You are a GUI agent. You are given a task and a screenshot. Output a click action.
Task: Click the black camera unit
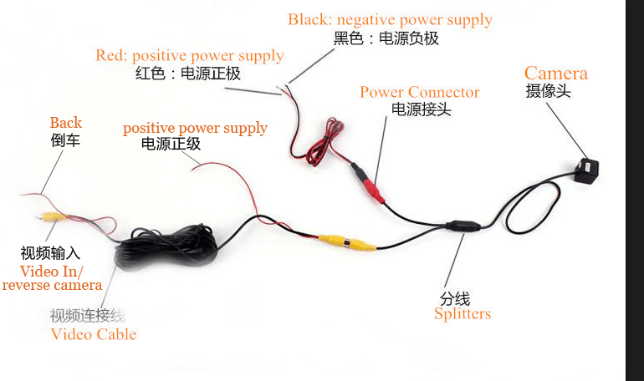click(x=586, y=170)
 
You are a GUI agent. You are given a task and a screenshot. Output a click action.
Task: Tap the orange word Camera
click(x=555, y=74)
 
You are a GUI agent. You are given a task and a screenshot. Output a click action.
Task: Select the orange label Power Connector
click(x=419, y=92)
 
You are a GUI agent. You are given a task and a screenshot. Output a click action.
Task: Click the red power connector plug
click(x=375, y=191)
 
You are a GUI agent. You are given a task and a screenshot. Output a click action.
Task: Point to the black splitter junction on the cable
click(x=463, y=226)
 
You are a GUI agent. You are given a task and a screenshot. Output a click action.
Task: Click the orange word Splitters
click(x=463, y=314)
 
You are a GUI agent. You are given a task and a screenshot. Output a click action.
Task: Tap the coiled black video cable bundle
click(x=166, y=247)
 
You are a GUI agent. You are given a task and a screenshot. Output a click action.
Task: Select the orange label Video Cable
click(x=93, y=334)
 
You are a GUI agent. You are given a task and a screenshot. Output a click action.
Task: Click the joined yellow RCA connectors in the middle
click(x=347, y=242)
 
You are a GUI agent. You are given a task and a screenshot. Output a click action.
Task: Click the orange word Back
click(x=66, y=123)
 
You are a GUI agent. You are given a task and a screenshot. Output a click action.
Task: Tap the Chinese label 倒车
click(x=65, y=140)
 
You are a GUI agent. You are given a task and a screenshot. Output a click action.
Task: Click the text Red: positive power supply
click(x=190, y=56)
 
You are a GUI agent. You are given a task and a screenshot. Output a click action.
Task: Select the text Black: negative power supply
click(x=390, y=20)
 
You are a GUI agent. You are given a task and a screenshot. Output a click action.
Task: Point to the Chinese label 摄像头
click(x=549, y=90)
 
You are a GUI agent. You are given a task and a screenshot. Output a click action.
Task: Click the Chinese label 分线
click(x=455, y=298)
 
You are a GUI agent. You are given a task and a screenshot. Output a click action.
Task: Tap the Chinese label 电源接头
click(x=422, y=109)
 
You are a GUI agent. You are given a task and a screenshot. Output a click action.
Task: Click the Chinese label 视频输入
click(x=50, y=253)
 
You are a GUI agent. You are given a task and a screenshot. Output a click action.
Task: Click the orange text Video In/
click(x=51, y=272)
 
